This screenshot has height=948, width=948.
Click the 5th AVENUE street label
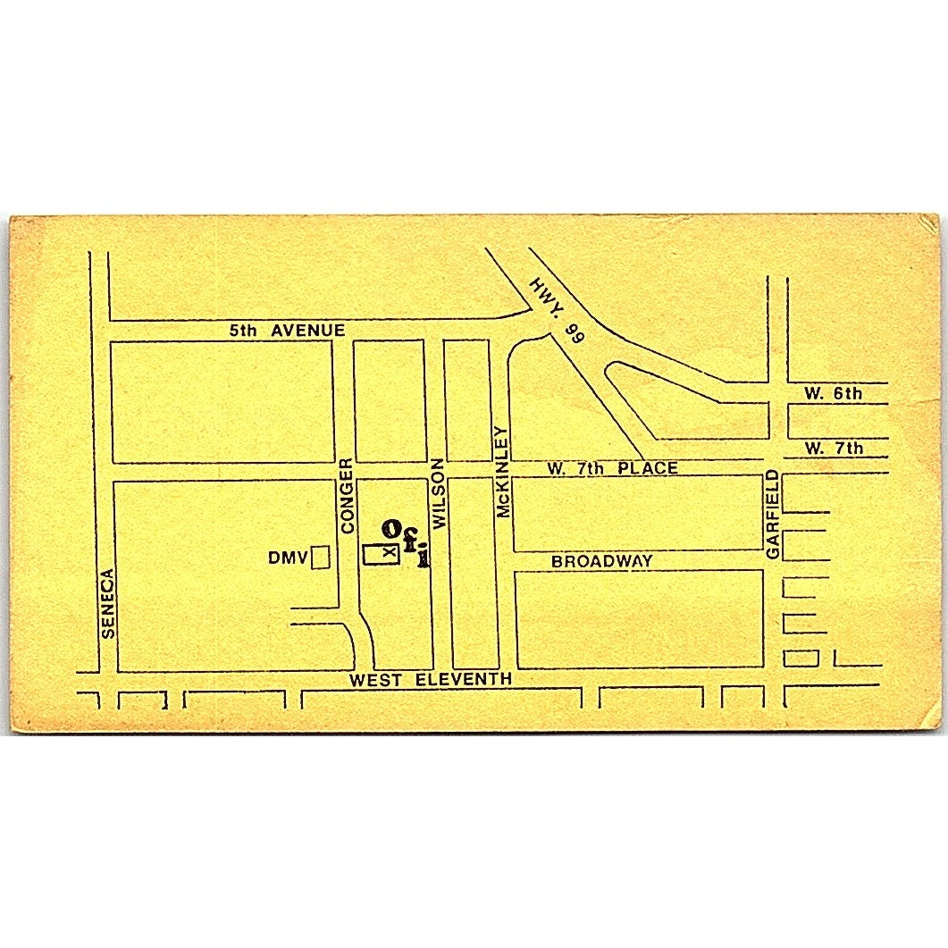point(286,331)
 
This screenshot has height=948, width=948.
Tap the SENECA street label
point(108,603)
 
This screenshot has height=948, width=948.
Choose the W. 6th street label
point(833,393)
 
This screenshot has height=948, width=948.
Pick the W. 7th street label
point(833,448)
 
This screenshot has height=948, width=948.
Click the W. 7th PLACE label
point(611,468)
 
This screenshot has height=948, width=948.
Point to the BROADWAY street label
point(601,561)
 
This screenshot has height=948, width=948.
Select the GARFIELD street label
point(773,515)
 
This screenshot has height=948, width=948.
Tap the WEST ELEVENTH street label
point(431,680)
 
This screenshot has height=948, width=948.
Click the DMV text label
point(287,558)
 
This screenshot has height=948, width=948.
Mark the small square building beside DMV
point(320,558)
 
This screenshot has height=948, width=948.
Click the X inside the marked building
point(387,554)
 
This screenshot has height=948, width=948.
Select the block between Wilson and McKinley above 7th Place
point(467,400)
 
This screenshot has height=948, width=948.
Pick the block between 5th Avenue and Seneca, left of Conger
point(222,401)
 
